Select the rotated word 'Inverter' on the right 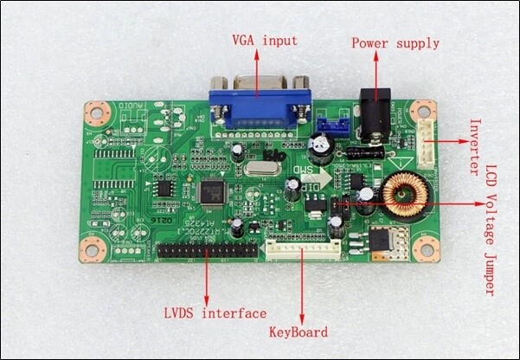(474, 147)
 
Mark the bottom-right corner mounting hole (423, 250)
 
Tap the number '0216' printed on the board (164, 223)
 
